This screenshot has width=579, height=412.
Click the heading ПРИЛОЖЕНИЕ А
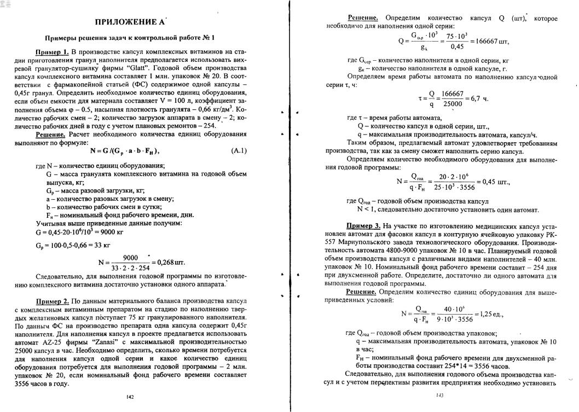tap(130, 22)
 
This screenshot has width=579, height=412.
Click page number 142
tap(130, 397)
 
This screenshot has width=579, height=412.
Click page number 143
tap(439, 395)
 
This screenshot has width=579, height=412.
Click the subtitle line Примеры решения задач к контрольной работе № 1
tap(129, 38)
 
